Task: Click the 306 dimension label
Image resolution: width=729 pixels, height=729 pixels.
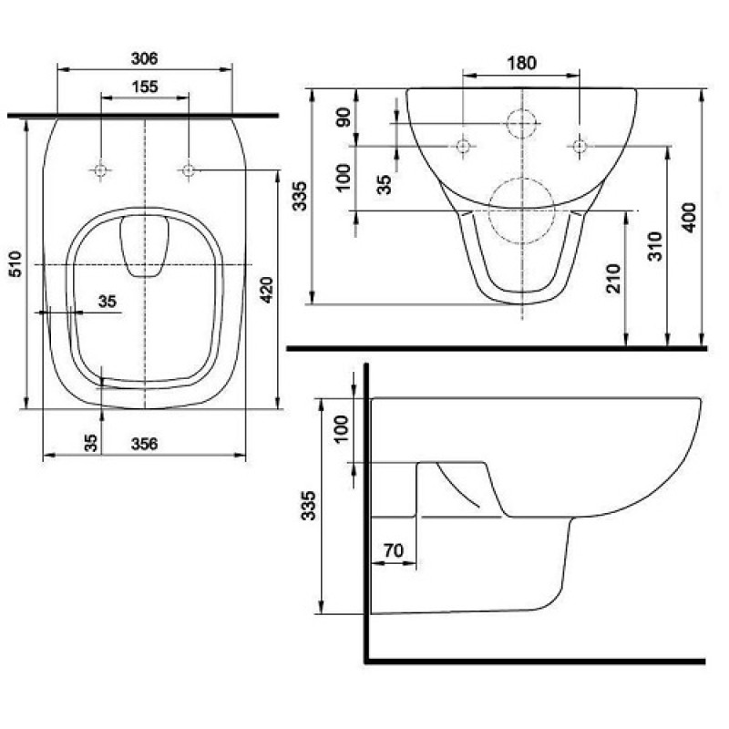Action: click(x=145, y=58)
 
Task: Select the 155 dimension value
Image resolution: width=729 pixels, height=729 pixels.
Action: click(x=145, y=87)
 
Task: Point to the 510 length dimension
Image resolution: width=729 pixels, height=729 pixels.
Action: click(x=15, y=263)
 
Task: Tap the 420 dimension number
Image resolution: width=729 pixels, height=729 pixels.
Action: click(x=266, y=290)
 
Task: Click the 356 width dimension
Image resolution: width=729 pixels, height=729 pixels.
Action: click(x=145, y=444)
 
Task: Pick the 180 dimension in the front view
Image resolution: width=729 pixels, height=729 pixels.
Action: click(x=521, y=63)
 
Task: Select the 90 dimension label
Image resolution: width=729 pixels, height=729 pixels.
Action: click(x=344, y=117)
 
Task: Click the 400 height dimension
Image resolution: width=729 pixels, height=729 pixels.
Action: click(x=689, y=218)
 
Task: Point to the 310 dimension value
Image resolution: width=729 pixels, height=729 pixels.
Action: click(x=654, y=246)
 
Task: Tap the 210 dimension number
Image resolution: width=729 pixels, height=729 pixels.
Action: click(x=613, y=279)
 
